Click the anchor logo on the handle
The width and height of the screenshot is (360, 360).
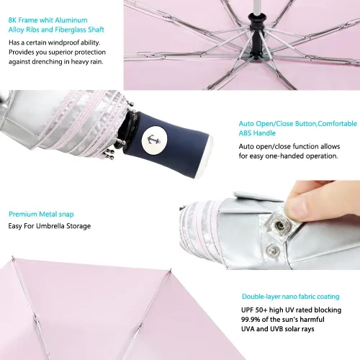[151, 140]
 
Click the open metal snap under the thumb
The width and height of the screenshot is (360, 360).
[279, 225]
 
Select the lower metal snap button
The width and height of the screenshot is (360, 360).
[273, 251]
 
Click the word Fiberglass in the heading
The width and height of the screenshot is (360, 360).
[71, 30]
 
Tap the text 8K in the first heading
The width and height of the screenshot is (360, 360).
[12, 20]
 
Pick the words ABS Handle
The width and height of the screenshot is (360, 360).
[257, 133]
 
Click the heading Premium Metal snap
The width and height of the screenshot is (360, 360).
[41, 214]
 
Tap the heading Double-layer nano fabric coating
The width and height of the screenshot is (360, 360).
[291, 297]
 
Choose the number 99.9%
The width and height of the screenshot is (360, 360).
[251, 320]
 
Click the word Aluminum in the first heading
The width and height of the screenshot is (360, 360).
[71, 20]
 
